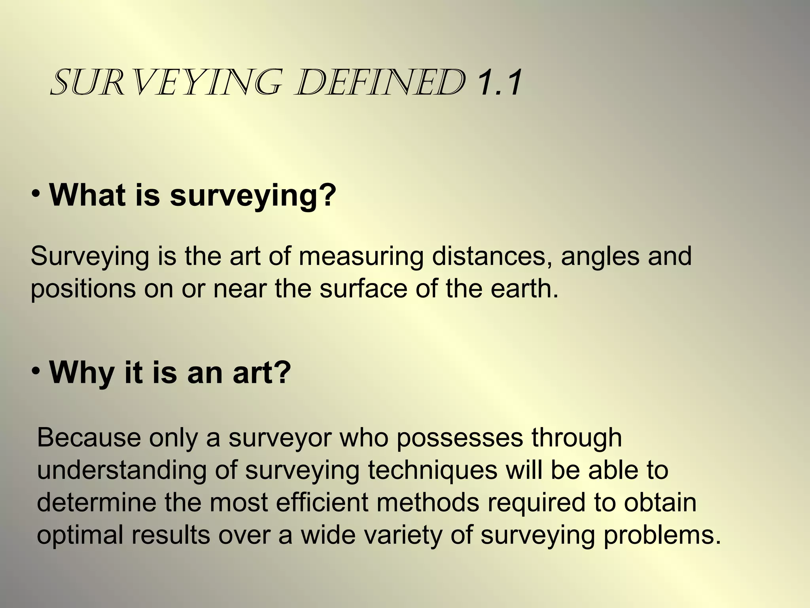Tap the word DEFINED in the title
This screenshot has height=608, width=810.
coord(380,83)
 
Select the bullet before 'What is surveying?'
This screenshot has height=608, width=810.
coord(36,194)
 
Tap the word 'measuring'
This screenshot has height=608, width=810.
coord(361,256)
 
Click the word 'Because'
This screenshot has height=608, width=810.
coord(89,438)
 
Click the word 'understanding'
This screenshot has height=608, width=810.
coord(122,471)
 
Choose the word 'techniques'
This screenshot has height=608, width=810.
coord(433,471)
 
